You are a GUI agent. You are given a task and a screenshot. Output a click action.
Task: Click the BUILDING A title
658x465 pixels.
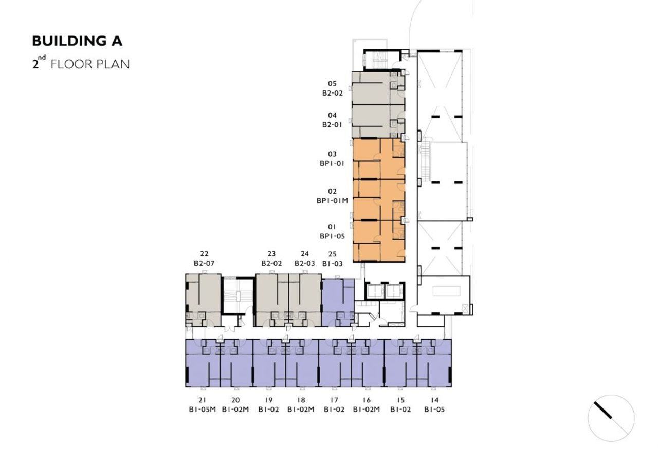[x=77, y=41]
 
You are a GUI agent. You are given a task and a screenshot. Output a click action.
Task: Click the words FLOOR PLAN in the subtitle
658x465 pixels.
[x=90, y=64]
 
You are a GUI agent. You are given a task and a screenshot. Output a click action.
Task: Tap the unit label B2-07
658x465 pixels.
[x=204, y=263]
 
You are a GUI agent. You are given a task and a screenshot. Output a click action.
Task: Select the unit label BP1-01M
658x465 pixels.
[x=332, y=201]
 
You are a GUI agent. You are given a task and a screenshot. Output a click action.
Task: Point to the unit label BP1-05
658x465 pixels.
[x=332, y=236]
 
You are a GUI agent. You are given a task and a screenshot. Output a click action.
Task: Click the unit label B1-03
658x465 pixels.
[x=333, y=264]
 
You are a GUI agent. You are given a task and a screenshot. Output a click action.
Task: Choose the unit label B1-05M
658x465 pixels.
[x=203, y=409]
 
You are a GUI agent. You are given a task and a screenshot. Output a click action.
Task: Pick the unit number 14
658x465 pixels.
[x=435, y=400]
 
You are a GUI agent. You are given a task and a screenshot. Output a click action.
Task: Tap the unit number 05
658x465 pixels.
[x=332, y=84]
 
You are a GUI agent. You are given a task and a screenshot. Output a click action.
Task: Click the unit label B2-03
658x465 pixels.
[x=305, y=263]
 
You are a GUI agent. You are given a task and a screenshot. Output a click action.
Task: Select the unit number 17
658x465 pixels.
[x=334, y=400]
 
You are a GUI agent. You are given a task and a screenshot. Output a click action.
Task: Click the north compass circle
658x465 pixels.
[x=588, y=418]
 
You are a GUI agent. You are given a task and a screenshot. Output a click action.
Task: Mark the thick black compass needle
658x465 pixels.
[x=603, y=410]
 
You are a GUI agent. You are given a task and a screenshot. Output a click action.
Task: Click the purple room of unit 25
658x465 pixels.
[x=338, y=303]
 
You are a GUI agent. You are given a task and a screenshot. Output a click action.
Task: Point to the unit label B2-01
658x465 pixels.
[x=332, y=125]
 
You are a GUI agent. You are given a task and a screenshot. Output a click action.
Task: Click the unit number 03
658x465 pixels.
[x=332, y=154]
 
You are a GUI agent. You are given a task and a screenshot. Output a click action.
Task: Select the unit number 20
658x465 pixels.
[x=235, y=400]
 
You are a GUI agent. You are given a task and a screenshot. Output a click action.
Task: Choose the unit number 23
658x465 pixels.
[x=271, y=254]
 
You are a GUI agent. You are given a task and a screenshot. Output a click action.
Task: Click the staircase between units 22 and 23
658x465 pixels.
[x=238, y=296]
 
